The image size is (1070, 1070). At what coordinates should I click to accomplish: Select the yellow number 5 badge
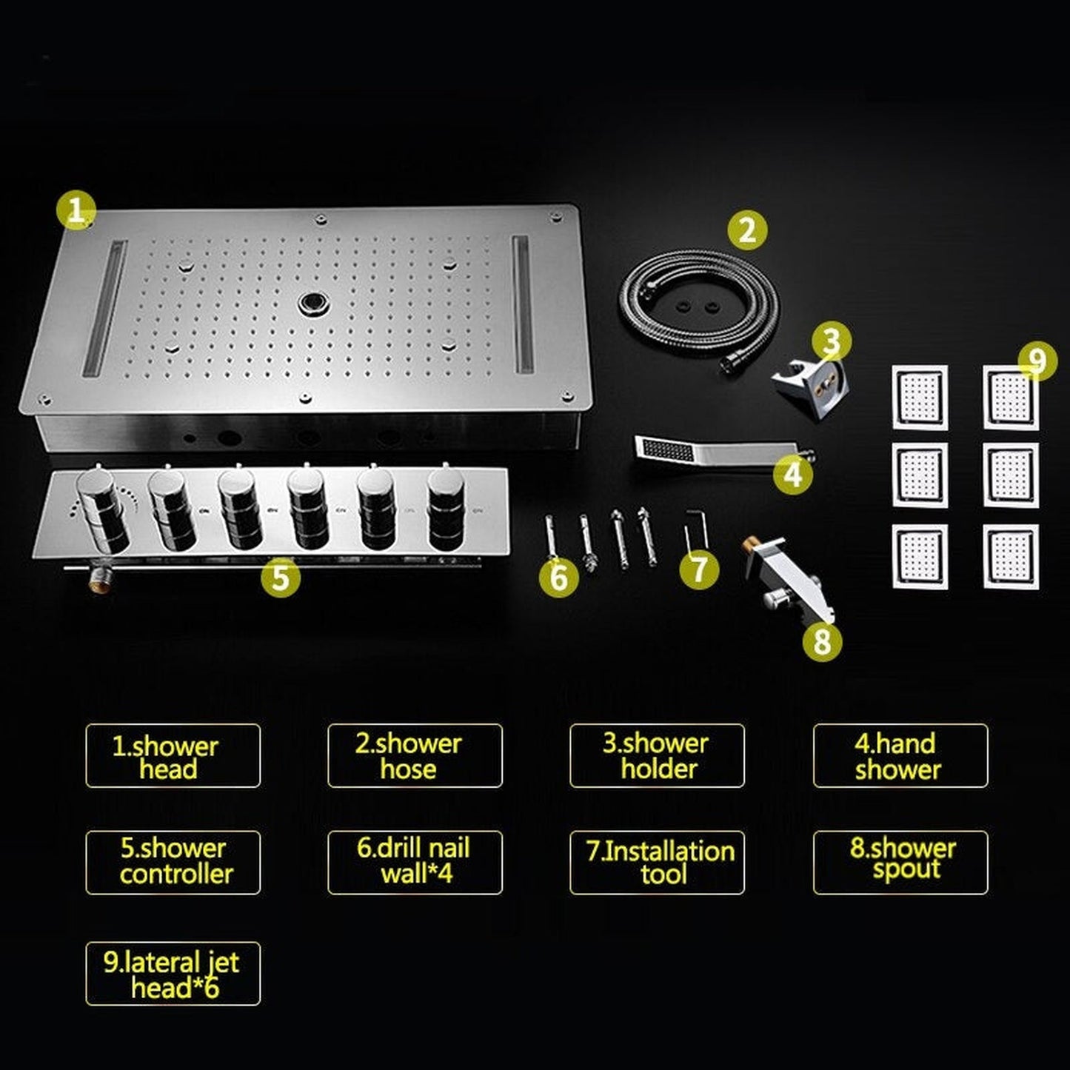pyautogui.click(x=281, y=577)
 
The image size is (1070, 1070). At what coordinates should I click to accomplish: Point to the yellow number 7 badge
pyautogui.click(x=699, y=569)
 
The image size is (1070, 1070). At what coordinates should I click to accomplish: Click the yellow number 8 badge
pyautogui.click(x=822, y=641)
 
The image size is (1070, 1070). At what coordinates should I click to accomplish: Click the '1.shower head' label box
pyautogui.click(x=173, y=756)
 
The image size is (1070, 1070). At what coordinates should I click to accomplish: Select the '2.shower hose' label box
pyautogui.click(x=415, y=756)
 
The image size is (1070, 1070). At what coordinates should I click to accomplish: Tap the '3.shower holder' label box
pyautogui.click(x=657, y=756)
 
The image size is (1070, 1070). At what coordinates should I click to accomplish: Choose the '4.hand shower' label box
pyautogui.click(x=900, y=756)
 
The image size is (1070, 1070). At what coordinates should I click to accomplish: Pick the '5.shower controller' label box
pyautogui.click(x=173, y=862)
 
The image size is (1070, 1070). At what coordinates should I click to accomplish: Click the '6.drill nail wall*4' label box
pyautogui.click(x=415, y=862)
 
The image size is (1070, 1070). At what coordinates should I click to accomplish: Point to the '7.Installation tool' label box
pyautogui.click(x=657, y=862)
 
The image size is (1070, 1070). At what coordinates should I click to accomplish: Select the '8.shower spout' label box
pyautogui.click(x=900, y=862)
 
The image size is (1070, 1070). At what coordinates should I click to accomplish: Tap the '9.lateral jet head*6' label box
pyautogui.click(x=173, y=973)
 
